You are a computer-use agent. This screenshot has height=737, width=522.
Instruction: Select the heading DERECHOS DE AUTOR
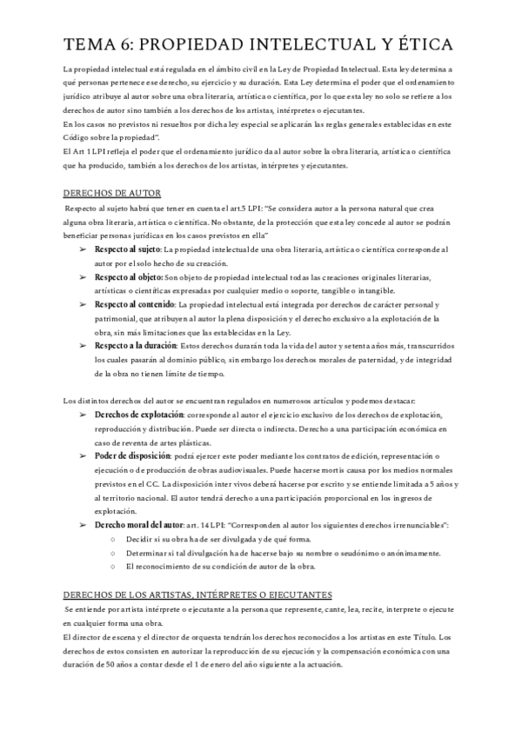click(x=111, y=192)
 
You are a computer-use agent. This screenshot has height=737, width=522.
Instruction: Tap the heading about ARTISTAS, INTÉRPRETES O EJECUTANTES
click(x=198, y=594)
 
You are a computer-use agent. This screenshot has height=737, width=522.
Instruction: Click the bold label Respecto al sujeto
click(x=117, y=249)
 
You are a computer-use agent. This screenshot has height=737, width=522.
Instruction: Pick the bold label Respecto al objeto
click(x=117, y=276)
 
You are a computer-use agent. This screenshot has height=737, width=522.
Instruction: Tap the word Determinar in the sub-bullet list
click(x=145, y=554)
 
